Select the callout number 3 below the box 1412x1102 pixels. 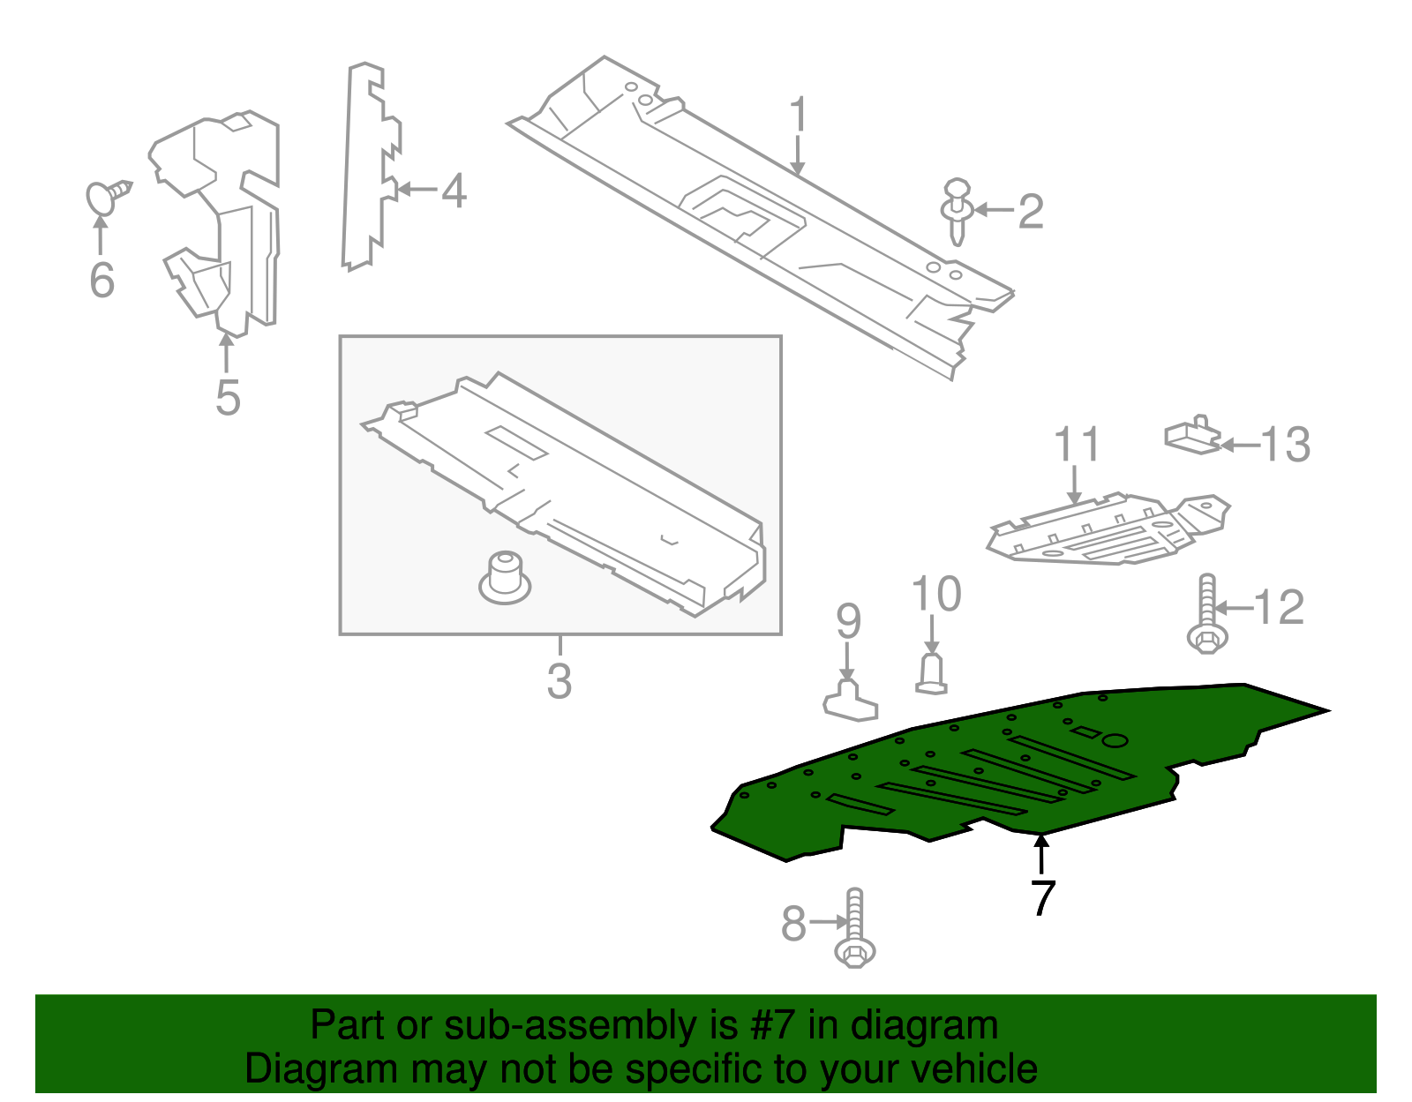coord(560,681)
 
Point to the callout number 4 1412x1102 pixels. coord(454,191)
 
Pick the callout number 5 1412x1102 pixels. coord(228,398)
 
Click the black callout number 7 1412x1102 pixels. coord(1042,897)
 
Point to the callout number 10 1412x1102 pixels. coord(935,595)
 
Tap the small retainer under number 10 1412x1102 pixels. coord(931,673)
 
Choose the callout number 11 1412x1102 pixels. coord(1077,445)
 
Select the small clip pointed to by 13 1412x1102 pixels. coord(1193,435)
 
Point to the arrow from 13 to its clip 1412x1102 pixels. coord(1239,446)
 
